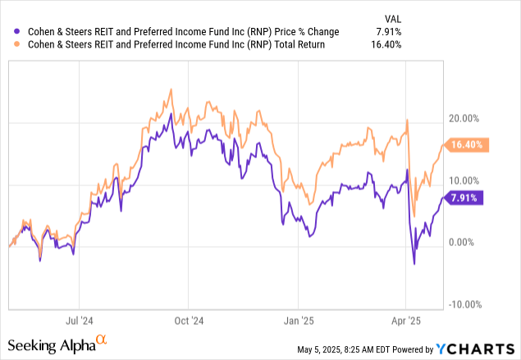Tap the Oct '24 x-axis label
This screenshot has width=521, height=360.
189,322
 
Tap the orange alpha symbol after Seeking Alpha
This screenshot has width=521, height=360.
101,339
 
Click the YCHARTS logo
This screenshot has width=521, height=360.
481,349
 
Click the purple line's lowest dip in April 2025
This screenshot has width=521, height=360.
414,263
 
